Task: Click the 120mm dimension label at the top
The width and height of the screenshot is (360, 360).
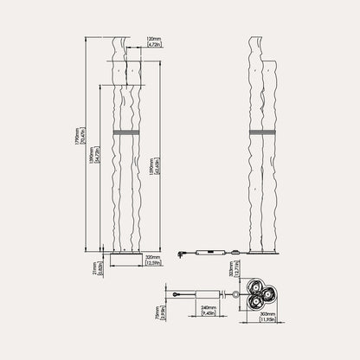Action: coord(155,39)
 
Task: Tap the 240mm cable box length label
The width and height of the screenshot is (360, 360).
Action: coord(208,307)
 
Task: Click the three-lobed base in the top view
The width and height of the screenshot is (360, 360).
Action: coord(260,294)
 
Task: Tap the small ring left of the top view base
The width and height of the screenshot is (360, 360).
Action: coord(235,294)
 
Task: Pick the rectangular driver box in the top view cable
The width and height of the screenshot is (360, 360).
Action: coord(207,294)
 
